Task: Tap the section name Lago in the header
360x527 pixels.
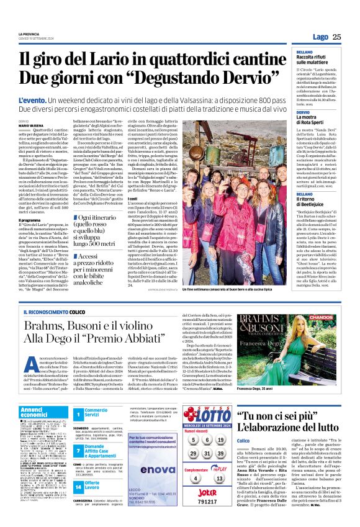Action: (x=320, y=37)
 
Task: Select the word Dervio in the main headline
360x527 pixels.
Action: (x=254, y=79)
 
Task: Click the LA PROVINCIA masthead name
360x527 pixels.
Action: (x=29, y=34)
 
